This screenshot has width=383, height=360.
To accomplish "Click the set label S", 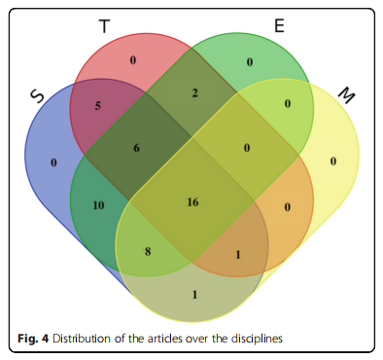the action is [37, 96].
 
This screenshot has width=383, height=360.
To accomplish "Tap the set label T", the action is [104, 26].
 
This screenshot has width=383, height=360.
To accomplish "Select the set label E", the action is [279, 25].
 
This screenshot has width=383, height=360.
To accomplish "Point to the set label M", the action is [346, 95].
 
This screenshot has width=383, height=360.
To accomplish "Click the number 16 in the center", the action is [192, 202].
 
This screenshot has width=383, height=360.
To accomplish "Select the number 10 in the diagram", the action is [98, 205].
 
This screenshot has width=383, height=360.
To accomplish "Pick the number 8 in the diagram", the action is [148, 251].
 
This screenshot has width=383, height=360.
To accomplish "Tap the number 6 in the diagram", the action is [136, 148].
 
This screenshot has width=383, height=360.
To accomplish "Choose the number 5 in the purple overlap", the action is [98, 106].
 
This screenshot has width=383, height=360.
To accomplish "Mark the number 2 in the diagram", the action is [194, 93].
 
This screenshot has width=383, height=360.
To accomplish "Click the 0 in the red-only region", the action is [133, 60].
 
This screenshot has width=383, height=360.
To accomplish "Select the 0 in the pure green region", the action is [250, 62].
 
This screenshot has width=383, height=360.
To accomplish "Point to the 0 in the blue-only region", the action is [53, 162].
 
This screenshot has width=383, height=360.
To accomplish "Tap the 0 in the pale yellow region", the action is [333, 162].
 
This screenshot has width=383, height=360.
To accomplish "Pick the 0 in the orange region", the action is [288, 207].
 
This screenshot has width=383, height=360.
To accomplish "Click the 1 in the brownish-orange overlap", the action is [238, 255].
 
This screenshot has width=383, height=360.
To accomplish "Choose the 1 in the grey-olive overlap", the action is [194, 295].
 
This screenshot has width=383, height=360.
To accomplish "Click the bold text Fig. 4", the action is [33, 339].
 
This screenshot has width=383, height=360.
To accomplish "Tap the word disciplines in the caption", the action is [257, 339].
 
